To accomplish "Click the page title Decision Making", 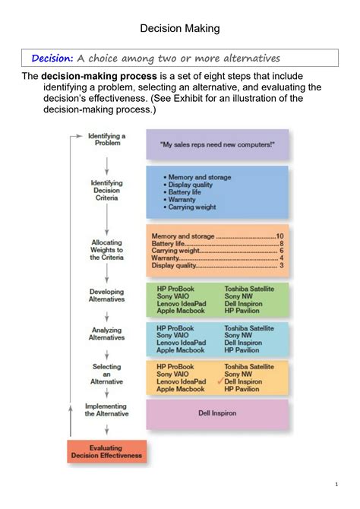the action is click(x=180, y=28).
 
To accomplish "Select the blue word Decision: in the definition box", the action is click(x=52, y=58).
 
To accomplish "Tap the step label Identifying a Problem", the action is click(x=107, y=139).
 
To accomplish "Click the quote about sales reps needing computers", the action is click(x=217, y=144).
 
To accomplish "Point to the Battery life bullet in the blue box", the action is click(x=188, y=191).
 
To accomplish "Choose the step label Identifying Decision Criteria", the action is click(x=106, y=191).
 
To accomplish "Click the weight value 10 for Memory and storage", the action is click(x=279, y=236).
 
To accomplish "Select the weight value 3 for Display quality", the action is click(x=281, y=265).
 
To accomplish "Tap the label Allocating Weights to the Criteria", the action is click(x=106, y=250).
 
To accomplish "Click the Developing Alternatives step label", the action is click(x=106, y=296).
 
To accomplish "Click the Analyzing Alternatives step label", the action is click(x=106, y=334).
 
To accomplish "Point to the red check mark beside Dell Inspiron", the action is click(x=219, y=381).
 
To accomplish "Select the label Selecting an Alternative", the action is click(x=106, y=374).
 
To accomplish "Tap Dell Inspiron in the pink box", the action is click(x=217, y=414).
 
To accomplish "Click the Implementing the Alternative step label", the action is click(x=106, y=410).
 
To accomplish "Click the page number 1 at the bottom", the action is click(x=336, y=485).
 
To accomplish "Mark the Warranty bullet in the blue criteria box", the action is click(x=182, y=199).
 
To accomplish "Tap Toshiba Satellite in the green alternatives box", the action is click(x=249, y=289).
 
